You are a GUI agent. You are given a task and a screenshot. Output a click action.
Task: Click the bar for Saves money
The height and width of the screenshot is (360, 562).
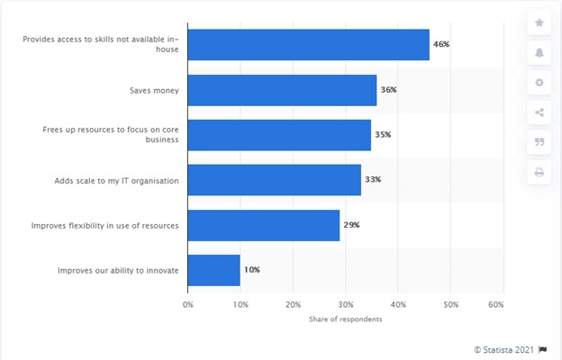(x=282, y=90)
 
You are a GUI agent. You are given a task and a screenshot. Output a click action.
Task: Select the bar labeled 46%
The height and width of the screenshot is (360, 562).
(x=308, y=44)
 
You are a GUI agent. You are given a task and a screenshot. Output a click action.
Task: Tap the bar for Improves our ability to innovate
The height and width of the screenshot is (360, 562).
(x=214, y=270)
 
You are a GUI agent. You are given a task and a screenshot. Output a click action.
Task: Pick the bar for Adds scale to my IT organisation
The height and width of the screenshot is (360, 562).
(x=274, y=180)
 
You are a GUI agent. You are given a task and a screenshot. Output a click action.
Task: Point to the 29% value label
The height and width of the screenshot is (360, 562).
(x=351, y=225)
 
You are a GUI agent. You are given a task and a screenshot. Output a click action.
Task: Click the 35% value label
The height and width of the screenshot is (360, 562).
(x=383, y=135)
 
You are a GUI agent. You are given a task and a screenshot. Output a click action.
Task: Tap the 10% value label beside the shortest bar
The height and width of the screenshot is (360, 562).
(x=252, y=270)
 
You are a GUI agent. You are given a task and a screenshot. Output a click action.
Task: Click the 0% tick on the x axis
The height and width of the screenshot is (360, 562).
(x=188, y=305)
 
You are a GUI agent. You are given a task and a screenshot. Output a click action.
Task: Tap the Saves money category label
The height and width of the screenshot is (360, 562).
(x=156, y=90)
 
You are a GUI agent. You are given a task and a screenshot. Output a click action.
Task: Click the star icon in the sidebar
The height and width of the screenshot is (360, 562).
(x=539, y=22)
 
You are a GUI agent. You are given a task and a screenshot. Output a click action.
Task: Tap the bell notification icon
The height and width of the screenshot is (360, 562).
(x=539, y=52)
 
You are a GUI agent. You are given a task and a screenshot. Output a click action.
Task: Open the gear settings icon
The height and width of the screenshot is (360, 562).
(x=539, y=83)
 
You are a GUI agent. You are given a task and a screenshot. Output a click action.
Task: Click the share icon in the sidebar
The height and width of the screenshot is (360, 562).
(x=539, y=112)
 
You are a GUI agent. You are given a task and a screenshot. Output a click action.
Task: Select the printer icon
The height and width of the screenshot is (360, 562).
(x=539, y=172)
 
